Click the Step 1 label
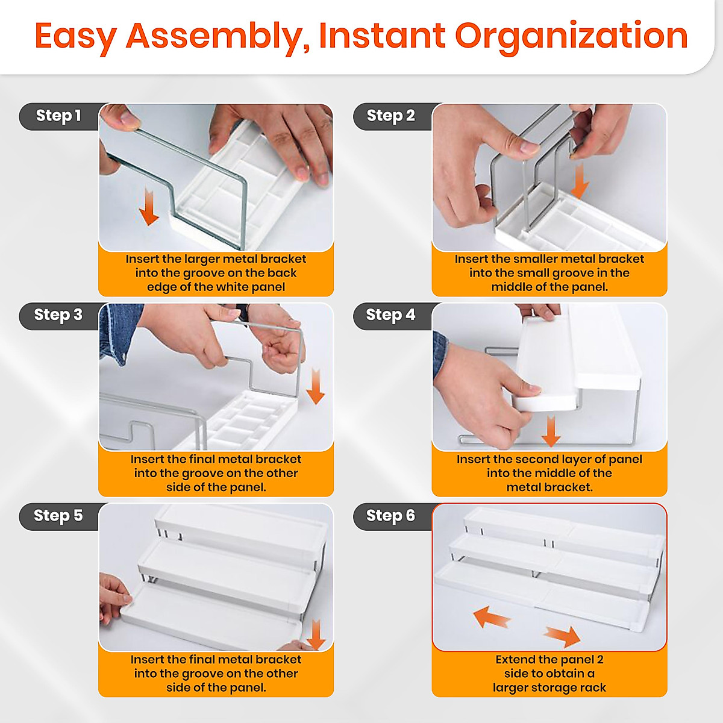pos(58,116)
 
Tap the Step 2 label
pos(390,116)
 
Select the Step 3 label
pos(58,315)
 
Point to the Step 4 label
pos(390,315)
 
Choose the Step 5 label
pos(58,516)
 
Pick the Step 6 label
pos(390,516)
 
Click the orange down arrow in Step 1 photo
pos(149,207)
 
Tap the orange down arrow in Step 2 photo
pos(580,181)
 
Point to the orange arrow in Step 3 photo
pos(315,386)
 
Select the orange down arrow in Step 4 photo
pos(551,431)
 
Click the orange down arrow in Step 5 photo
pos(316,635)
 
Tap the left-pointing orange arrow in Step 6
pos(492,616)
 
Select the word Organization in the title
pos(571,37)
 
